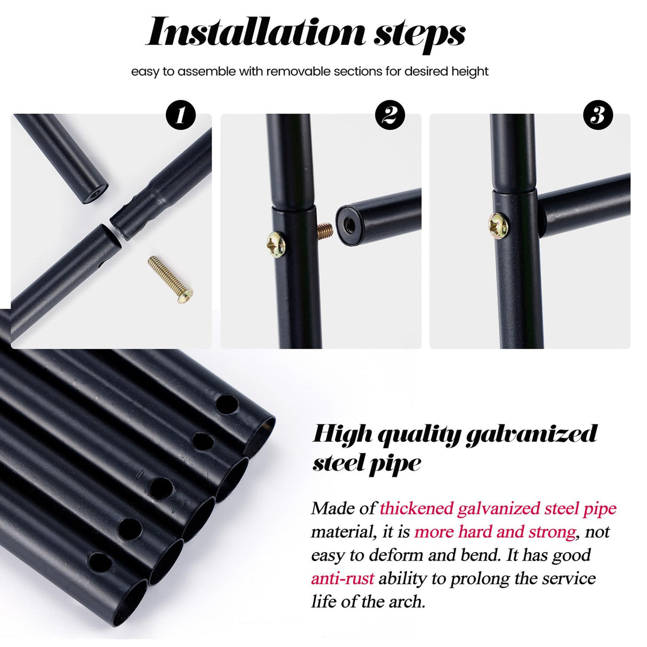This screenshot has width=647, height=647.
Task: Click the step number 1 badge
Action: (181, 115)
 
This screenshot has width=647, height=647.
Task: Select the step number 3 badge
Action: (598, 115)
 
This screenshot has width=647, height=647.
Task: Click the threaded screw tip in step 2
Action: (325, 231)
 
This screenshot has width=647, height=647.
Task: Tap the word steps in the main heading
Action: (419, 35)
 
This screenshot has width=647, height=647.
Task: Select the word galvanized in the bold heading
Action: (532, 435)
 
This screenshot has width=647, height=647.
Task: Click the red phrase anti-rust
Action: (343, 578)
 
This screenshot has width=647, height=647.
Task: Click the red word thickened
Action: (416, 508)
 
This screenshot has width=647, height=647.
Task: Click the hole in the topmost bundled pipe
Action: (227, 404)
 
